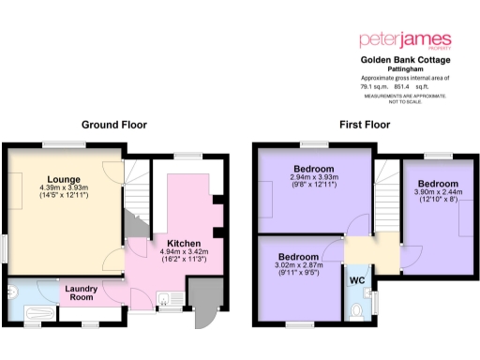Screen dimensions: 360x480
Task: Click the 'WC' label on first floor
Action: pos(357,280)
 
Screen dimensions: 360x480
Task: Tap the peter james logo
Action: pos(406,41)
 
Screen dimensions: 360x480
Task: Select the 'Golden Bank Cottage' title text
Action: pos(406,58)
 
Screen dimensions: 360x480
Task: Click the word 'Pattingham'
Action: pos(406,67)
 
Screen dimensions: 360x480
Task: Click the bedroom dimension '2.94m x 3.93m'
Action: pos(314,178)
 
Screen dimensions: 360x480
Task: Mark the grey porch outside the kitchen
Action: pos(200,296)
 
